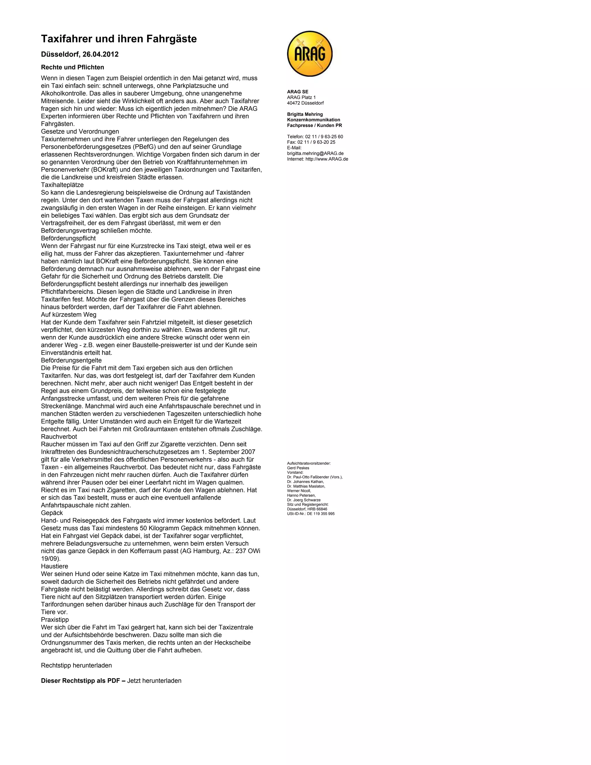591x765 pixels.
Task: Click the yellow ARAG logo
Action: point(310,54)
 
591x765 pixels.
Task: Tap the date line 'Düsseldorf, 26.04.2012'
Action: point(80,54)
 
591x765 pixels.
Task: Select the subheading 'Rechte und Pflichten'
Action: point(72,67)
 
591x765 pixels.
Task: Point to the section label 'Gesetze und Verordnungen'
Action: point(80,132)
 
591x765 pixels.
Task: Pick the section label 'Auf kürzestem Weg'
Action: point(69,315)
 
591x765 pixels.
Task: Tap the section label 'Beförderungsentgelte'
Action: point(72,360)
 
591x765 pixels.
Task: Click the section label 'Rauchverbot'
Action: point(59,436)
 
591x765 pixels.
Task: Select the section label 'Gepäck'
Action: point(52,513)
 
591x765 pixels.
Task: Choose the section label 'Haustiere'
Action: point(55,566)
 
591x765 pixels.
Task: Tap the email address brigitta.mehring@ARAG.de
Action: point(315,153)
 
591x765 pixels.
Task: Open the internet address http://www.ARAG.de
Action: point(327,159)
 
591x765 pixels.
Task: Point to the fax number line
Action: point(311,142)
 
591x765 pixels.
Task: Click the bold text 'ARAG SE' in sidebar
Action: point(298,92)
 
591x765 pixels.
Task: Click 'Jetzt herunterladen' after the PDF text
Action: point(154,681)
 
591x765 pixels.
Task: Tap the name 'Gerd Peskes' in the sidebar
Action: point(298,468)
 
